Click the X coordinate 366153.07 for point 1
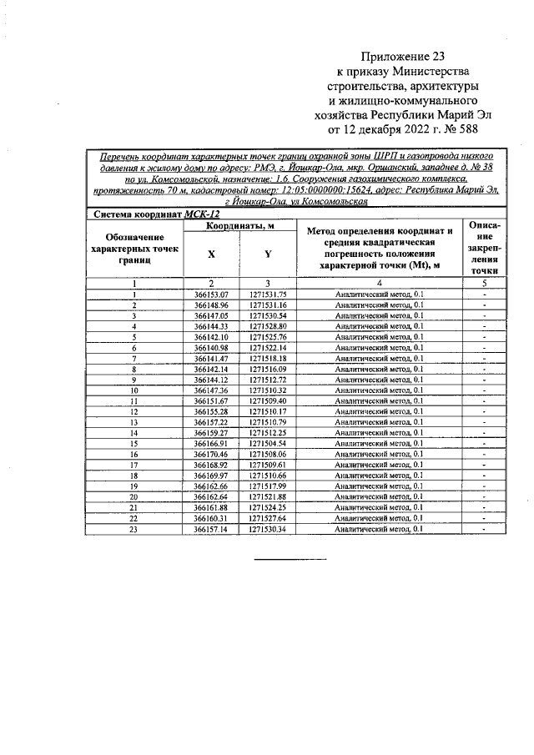pos(211,294)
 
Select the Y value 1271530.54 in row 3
pos(267,315)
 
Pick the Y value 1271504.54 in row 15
pos(267,444)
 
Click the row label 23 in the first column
pos(133,530)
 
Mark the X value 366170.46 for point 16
pos(211,455)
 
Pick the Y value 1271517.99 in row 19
pos(267,486)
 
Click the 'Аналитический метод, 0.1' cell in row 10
pos(379,390)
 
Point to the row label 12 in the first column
pos(133,412)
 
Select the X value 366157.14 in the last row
pos(211,530)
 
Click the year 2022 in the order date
pos(414,131)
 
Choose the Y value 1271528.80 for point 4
pos(267,326)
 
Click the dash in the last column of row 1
pos(484,294)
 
